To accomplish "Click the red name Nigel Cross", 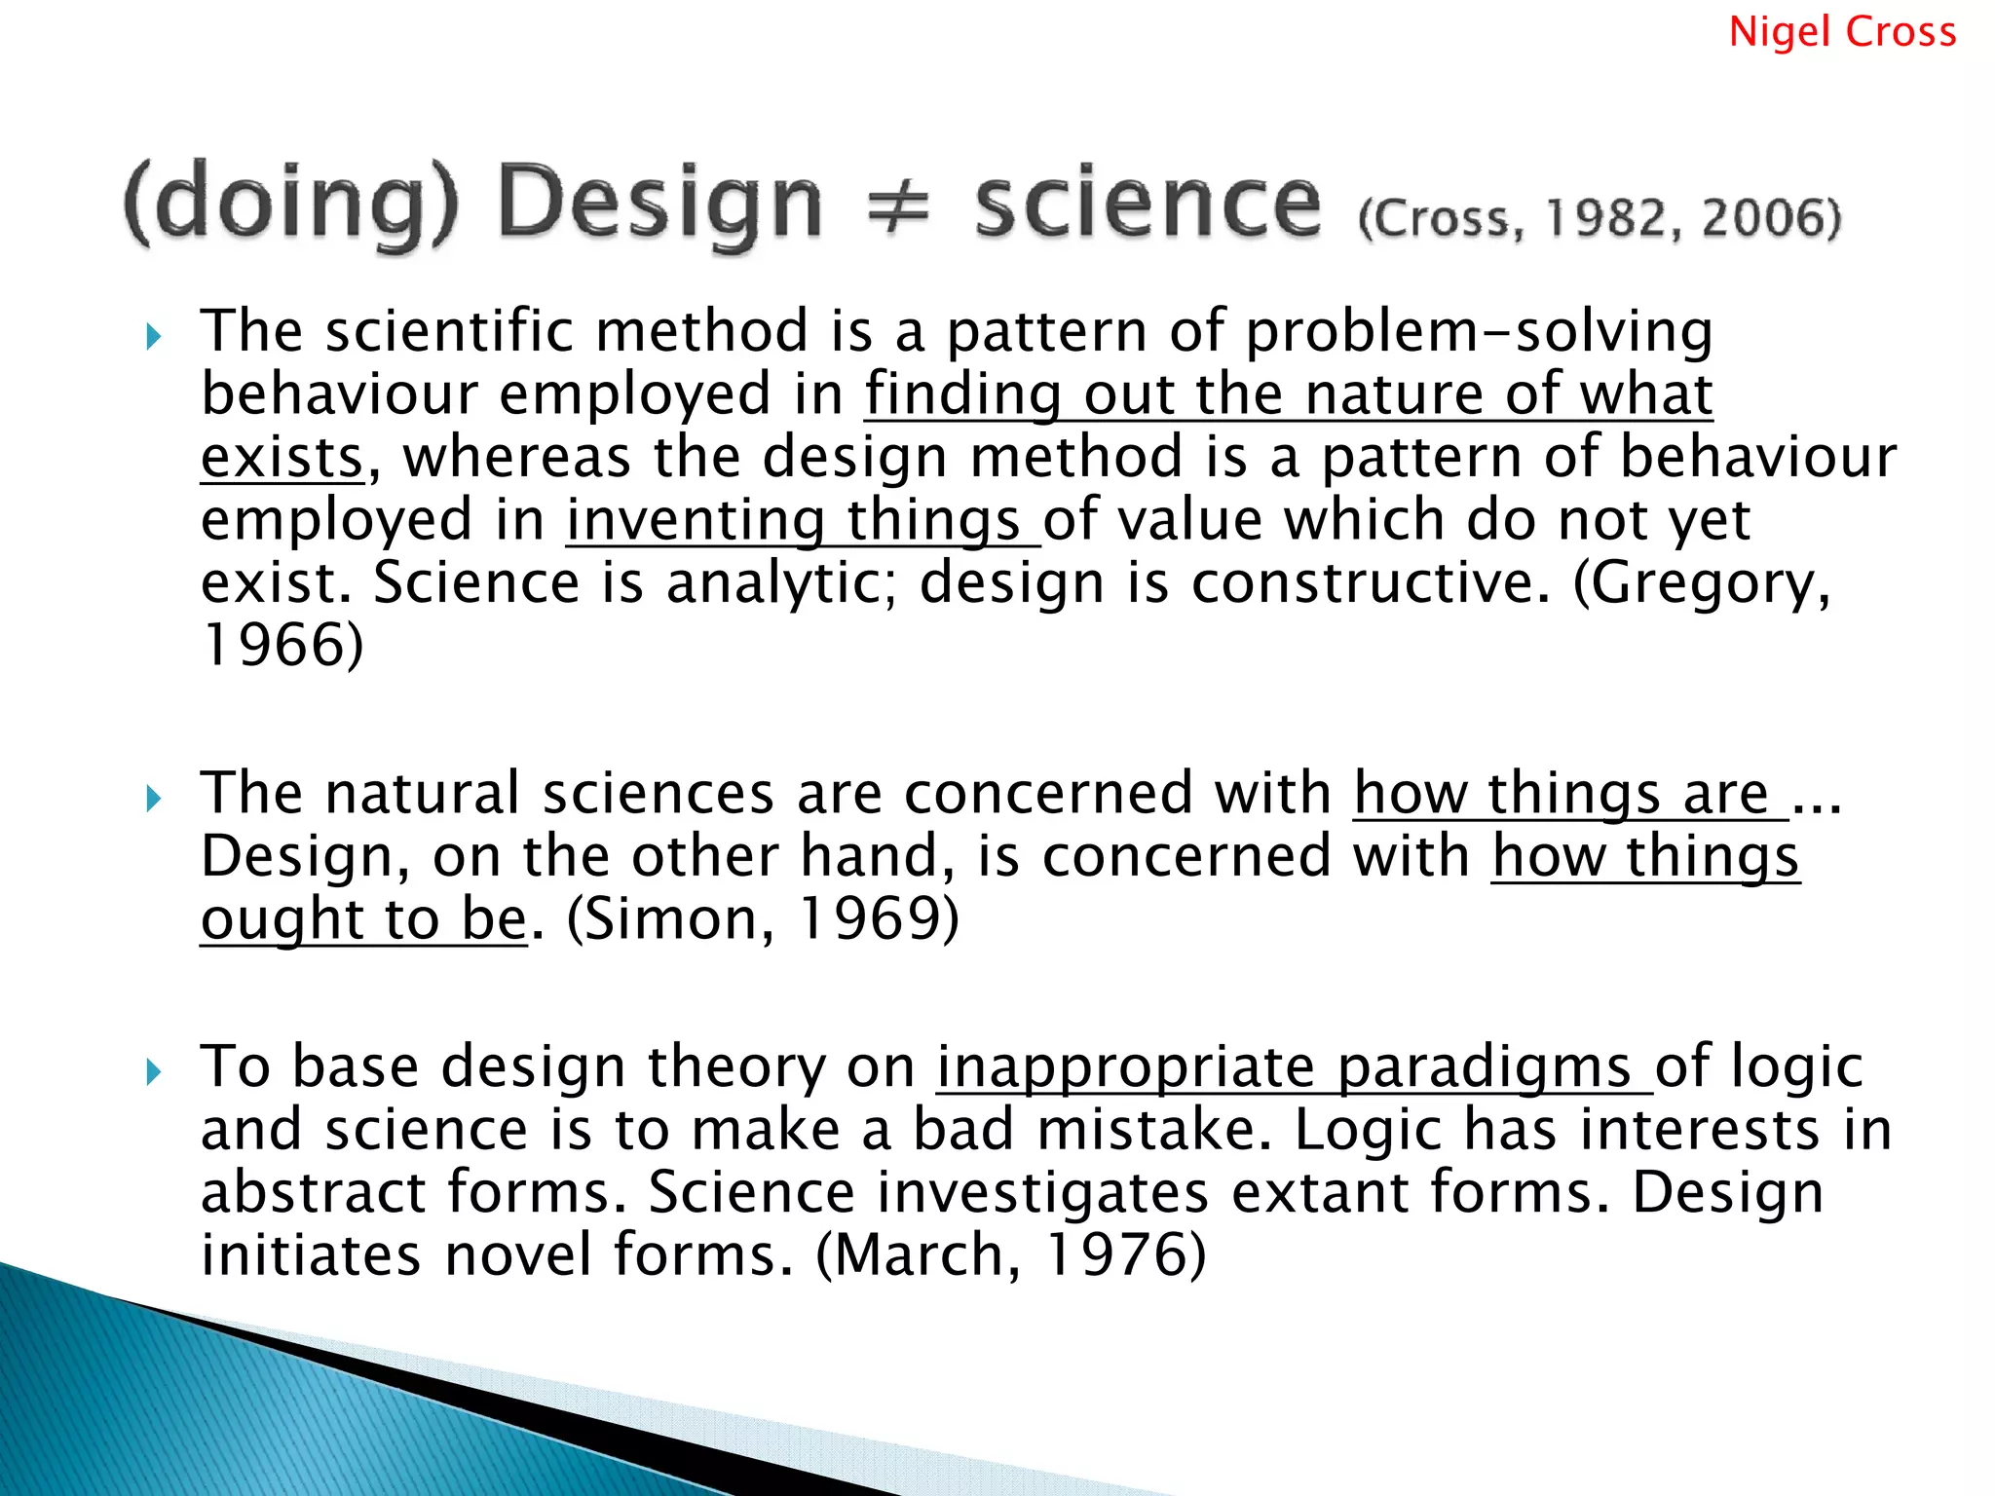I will (1842, 32).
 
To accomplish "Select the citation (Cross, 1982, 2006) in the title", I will (1600, 218).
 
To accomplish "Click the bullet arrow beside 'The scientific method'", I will (153, 337).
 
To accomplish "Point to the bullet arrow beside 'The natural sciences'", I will (153, 800).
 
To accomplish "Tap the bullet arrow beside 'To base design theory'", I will (153, 1073).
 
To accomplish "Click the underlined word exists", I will (282, 458).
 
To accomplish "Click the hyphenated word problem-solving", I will (1479, 331).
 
